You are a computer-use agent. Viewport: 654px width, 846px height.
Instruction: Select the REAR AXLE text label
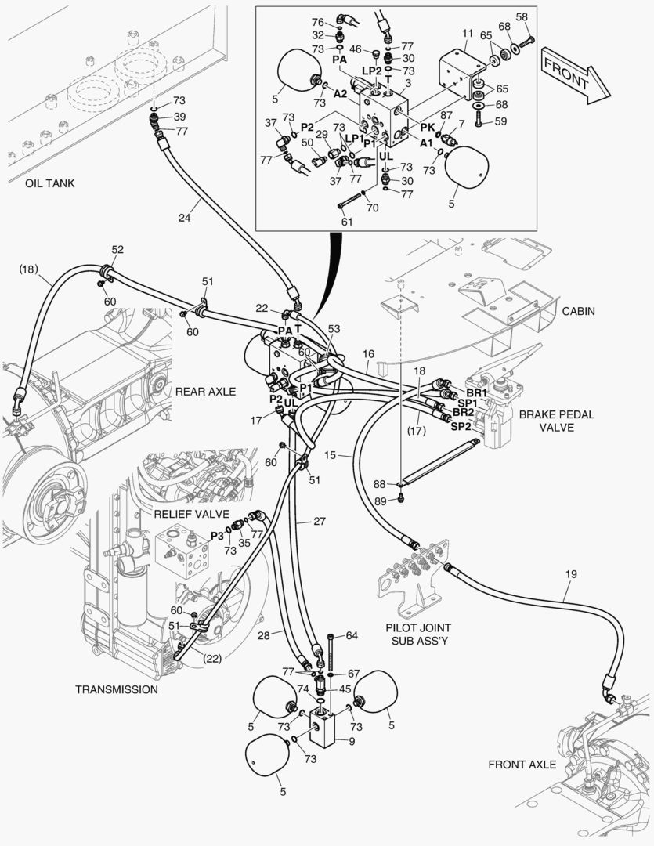pyautogui.click(x=205, y=391)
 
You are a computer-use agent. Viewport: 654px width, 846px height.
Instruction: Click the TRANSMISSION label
pyautogui.click(x=116, y=689)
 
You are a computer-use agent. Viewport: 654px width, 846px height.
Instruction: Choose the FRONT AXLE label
pyautogui.click(x=522, y=764)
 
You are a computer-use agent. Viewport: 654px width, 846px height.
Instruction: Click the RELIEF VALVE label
pyautogui.click(x=191, y=514)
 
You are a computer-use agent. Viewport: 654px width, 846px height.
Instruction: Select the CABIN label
pyautogui.click(x=578, y=311)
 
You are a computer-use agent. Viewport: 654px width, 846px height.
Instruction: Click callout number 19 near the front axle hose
pyautogui.click(x=571, y=574)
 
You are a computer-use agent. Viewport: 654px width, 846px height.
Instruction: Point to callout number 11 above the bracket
pyautogui.click(x=468, y=34)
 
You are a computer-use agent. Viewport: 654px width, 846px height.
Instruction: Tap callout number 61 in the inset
pyautogui.click(x=347, y=222)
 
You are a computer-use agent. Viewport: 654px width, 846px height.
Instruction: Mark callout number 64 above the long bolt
pyautogui.click(x=351, y=635)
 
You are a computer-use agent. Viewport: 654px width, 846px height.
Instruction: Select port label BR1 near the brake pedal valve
pyautogui.click(x=476, y=392)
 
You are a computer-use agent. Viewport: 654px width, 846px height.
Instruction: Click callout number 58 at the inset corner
pyautogui.click(x=522, y=17)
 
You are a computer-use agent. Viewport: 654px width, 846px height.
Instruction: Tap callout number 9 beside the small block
pyautogui.click(x=351, y=741)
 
